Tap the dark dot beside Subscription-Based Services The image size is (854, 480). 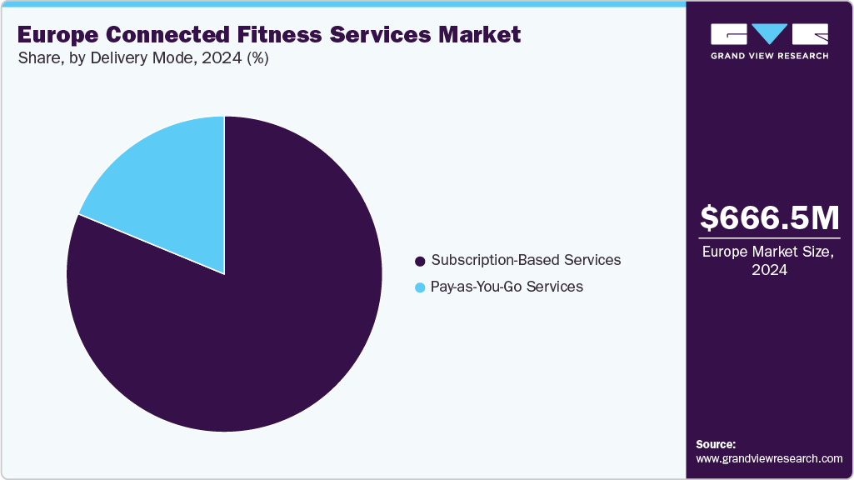click(420, 261)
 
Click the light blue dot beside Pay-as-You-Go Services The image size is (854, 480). click(420, 287)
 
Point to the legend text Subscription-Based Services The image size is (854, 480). click(525, 260)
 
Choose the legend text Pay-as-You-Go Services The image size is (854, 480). click(506, 287)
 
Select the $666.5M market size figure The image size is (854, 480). click(769, 218)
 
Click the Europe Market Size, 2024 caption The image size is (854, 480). click(769, 261)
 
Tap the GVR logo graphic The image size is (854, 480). click(769, 34)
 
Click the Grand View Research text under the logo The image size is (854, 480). click(769, 56)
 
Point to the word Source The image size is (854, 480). click(716, 444)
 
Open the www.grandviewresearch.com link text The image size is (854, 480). click(769, 458)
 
